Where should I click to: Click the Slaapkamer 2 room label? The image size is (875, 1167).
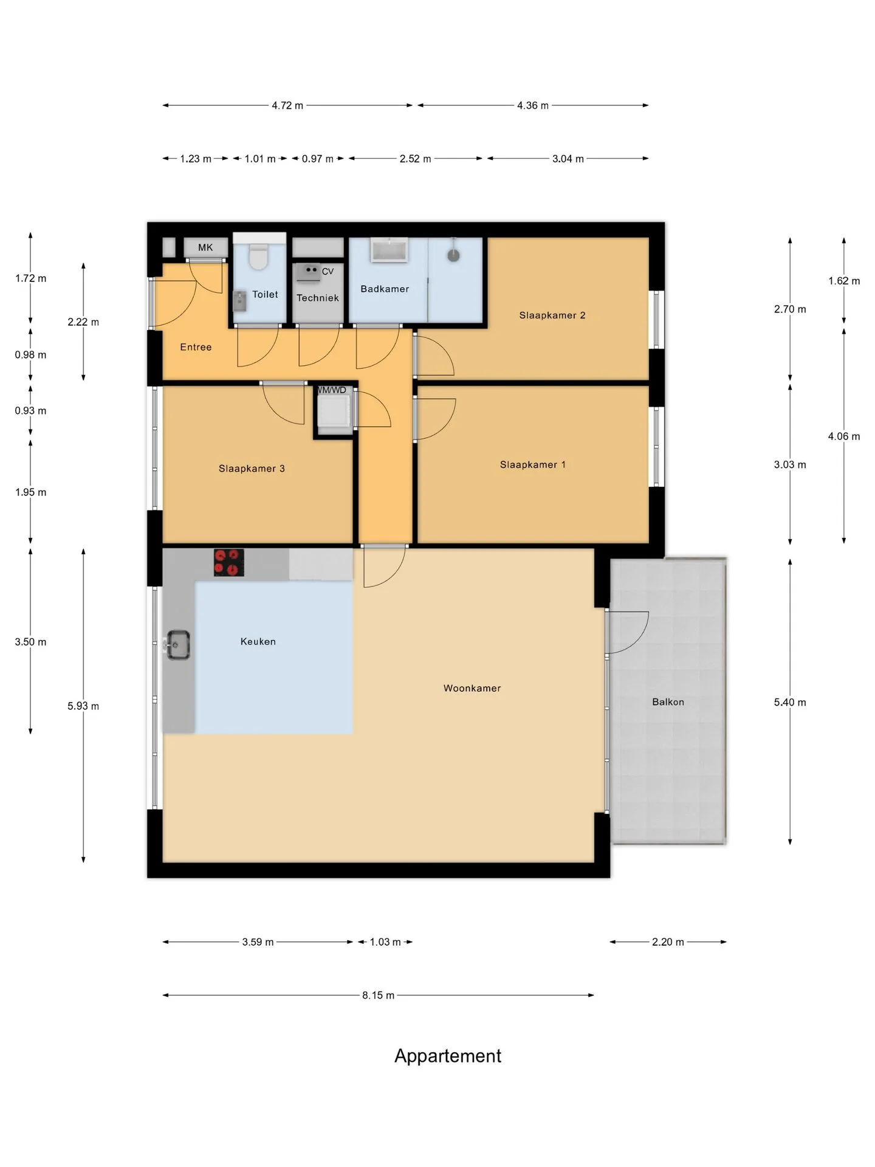coord(552,315)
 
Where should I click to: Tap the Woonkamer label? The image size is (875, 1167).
coord(472,688)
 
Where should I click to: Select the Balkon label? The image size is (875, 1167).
coord(668,702)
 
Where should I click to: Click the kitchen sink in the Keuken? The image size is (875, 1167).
coord(178,645)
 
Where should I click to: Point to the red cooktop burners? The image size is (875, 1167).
coord(229,562)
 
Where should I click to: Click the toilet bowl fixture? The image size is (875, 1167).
coord(258,256)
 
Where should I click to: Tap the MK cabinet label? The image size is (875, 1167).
coord(205,247)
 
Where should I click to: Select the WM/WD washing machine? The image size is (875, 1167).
coord(334,410)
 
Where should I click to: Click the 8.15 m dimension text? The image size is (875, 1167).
coord(378,995)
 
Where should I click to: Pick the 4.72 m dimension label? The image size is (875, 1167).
coord(287,105)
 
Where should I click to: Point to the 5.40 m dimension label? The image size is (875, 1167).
coord(790,702)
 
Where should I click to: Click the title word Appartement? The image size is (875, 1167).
coord(448,1056)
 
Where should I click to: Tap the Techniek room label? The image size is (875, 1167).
coord(318,298)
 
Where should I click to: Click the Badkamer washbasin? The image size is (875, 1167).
coord(389,250)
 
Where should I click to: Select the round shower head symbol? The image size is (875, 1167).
coord(453,255)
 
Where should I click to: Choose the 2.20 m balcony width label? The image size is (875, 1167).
coord(668,942)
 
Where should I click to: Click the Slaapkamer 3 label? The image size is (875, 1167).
coord(252,468)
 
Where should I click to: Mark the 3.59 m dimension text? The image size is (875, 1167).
coord(258,942)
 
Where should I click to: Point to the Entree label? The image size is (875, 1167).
coord(196,347)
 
